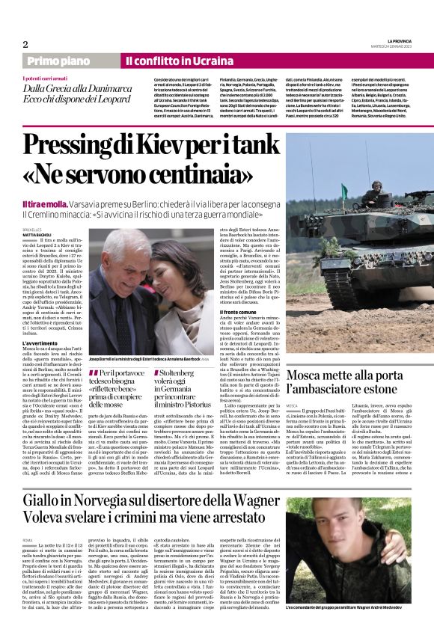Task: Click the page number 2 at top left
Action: [26, 44]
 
